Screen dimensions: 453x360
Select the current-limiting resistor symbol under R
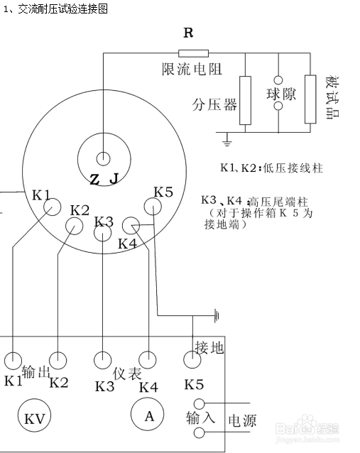click(x=193, y=53)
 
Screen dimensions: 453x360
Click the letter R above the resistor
click(x=189, y=33)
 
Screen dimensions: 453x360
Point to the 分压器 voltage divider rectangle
click(x=246, y=99)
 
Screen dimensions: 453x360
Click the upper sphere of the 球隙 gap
click(x=279, y=80)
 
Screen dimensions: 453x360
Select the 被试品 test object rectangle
click(x=310, y=99)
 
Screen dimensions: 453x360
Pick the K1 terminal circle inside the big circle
click(x=51, y=207)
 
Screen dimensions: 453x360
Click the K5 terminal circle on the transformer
click(x=153, y=206)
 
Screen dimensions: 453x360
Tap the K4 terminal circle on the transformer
click(x=130, y=225)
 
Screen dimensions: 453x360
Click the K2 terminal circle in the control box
click(x=58, y=359)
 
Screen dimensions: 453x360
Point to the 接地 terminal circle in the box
click(x=193, y=360)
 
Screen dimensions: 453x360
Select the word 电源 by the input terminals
click(x=241, y=421)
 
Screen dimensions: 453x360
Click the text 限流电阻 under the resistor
click(x=192, y=70)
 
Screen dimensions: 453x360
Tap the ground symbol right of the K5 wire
click(x=217, y=313)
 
